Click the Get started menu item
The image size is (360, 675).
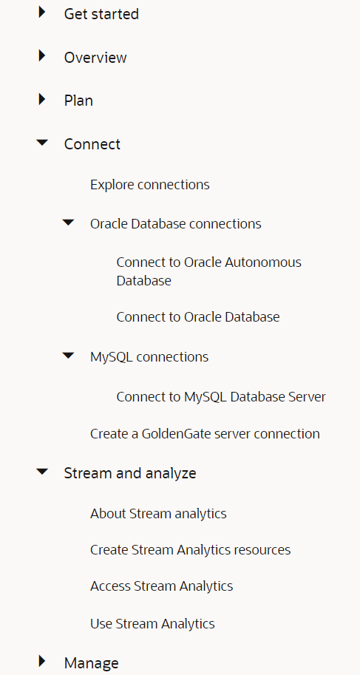[x=101, y=14]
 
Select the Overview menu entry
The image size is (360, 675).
[x=95, y=58]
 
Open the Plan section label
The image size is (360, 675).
[x=78, y=101]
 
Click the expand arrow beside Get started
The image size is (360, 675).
[x=42, y=13]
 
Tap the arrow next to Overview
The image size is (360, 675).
[x=42, y=56]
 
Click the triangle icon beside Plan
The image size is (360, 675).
[x=42, y=99]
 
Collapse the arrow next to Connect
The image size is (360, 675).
[x=42, y=143]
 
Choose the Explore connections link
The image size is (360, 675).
[x=149, y=185]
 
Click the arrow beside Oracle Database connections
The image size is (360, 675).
[x=69, y=223]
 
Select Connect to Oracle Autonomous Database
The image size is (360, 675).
[x=208, y=271]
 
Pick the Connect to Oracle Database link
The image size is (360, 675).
[x=197, y=317]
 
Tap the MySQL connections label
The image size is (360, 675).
[x=149, y=357]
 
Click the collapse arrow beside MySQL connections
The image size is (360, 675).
[x=69, y=356]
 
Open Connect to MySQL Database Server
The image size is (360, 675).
[x=220, y=397]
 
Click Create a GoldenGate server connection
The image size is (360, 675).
[x=205, y=434]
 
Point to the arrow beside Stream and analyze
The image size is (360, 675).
[x=42, y=472]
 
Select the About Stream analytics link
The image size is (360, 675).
[x=158, y=513]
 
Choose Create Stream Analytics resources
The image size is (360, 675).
[x=190, y=550]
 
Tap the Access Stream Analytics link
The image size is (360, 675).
[x=161, y=586]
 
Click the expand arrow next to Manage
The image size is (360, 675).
[x=42, y=662]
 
